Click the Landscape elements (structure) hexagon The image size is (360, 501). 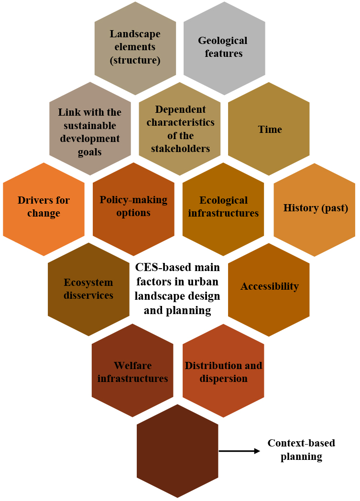135,47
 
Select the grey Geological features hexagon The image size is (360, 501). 224,47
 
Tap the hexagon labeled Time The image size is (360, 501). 269,129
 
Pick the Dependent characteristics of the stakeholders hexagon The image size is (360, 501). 180,129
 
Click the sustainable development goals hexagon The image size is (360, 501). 90,129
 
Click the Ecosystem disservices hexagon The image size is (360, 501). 88,289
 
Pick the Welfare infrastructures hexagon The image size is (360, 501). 132,371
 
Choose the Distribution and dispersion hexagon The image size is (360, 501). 223,371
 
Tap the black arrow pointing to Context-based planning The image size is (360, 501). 239,450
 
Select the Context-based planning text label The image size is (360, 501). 301,450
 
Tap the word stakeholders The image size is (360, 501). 180,149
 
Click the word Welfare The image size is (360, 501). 132,366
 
